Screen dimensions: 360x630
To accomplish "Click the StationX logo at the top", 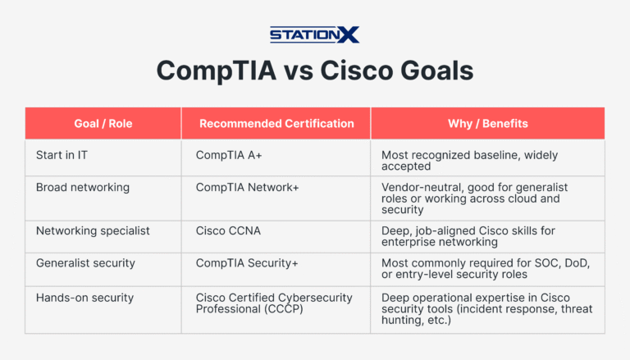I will [314, 34].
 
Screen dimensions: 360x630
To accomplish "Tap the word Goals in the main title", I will [435, 71].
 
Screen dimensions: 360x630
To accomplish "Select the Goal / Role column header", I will [103, 124].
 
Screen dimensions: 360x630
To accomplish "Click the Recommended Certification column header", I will [276, 124].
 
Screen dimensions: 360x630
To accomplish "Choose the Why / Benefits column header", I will [487, 124].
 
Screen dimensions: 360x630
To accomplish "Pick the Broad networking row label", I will [82, 187].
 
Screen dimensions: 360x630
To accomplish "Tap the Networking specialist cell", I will [93, 230].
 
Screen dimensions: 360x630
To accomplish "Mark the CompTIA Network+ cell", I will [247, 187].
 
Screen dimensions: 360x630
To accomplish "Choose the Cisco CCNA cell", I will [228, 230].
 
